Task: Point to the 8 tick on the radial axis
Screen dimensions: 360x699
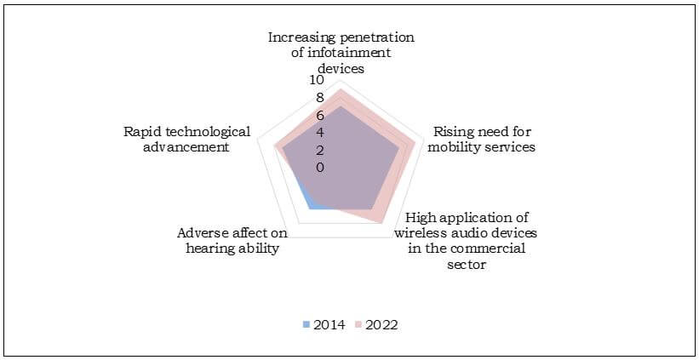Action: [x=320, y=97]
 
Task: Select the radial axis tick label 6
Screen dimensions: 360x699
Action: [x=320, y=115]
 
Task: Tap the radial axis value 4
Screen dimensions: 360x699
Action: [x=320, y=133]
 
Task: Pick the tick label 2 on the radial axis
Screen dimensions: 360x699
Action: [x=320, y=151]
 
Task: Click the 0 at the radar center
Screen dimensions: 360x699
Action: [x=320, y=168]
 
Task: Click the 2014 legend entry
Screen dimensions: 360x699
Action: [x=329, y=324]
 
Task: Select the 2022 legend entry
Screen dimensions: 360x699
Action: [x=381, y=324]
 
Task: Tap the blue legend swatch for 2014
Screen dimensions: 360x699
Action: [x=307, y=325]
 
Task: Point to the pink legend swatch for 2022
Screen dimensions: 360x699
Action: [x=359, y=325]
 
